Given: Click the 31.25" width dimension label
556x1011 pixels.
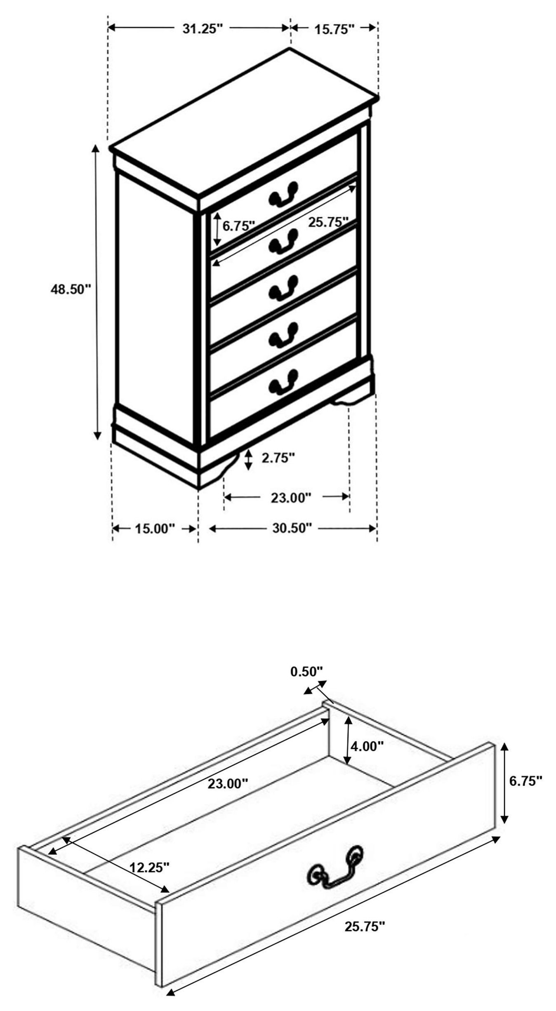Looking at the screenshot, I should pyautogui.click(x=202, y=29).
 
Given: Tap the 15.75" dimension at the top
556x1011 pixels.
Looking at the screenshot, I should pyautogui.click(x=335, y=29).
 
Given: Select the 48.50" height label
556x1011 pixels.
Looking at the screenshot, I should pyautogui.click(x=70, y=289).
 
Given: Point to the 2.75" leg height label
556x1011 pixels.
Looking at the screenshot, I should pyautogui.click(x=278, y=457).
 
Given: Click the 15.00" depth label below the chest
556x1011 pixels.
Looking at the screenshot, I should pyautogui.click(x=155, y=529).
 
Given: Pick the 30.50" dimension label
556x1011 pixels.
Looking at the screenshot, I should pyautogui.click(x=292, y=528).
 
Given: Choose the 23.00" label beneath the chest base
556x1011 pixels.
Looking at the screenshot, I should pyautogui.click(x=290, y=498).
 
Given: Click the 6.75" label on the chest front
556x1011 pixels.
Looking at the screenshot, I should pyautogui.click(x=239, y=226).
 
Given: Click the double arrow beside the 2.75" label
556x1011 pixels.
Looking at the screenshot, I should pyautogui.click(x=248, y=460).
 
